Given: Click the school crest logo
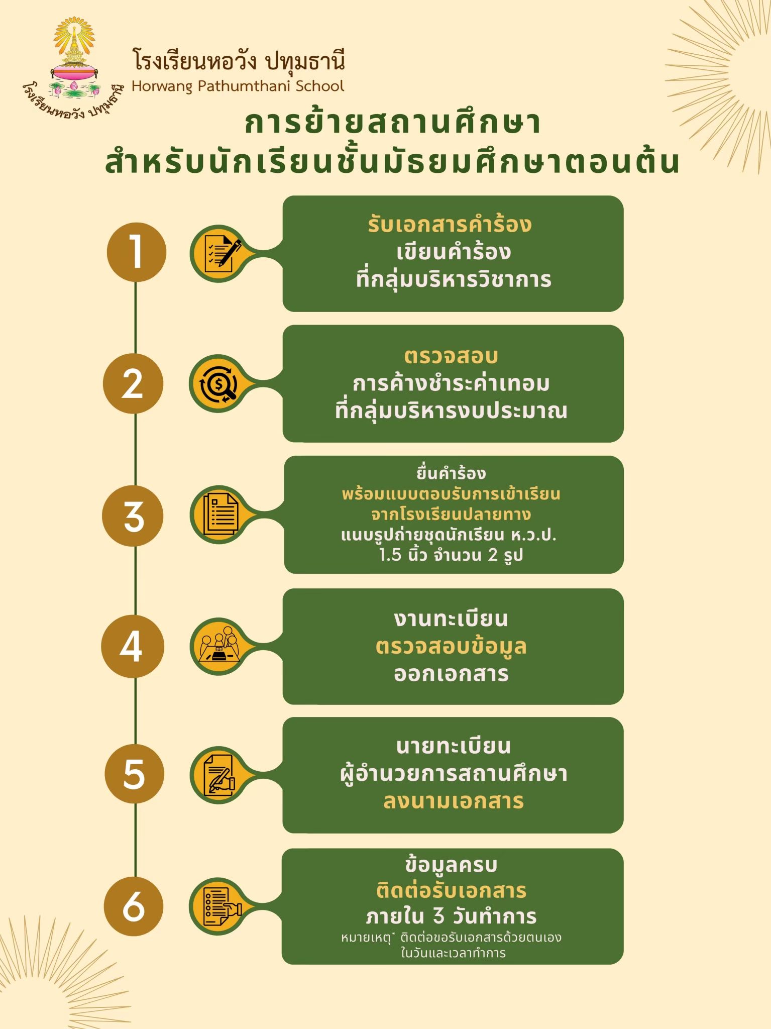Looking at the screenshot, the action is coord(74,68).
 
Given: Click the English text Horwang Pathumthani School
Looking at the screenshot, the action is coord(238,86).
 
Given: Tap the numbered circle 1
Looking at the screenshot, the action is coord(136,252).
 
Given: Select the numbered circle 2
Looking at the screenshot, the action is coord(133,383).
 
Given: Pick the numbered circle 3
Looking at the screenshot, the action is coord(133,516).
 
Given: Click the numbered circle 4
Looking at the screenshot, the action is coord(133,646).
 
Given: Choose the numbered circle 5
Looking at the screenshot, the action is coord(134,774).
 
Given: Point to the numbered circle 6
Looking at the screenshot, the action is coord(134,905).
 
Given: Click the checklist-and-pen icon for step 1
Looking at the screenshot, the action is coord(219,253).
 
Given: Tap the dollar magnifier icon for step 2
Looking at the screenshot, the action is coord(219,384).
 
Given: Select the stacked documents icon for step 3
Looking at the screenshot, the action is coord(219,514).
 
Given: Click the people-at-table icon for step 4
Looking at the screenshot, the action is coord(219,646).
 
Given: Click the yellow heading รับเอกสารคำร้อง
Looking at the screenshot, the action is coord(450,224).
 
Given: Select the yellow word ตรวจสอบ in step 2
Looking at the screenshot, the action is coord(451,356).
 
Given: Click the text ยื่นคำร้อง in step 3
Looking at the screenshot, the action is coord(451,473).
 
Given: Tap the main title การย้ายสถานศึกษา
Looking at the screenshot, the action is coord(392,122).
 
